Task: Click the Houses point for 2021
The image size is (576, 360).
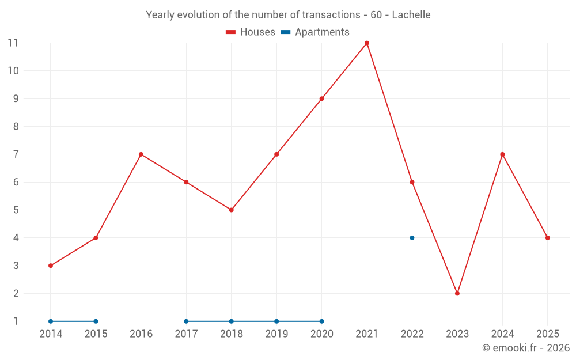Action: pos(367,43)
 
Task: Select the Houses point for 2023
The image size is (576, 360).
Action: pos(457,293)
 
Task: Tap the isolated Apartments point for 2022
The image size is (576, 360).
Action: pos(412,238)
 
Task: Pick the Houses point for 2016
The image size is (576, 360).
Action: pos(141,154)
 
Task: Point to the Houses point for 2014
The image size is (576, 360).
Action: pos(51,266)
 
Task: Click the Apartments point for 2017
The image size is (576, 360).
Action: pos(186,321)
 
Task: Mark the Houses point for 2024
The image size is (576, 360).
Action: pos(502,154)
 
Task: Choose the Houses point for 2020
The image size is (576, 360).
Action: pos(321,98)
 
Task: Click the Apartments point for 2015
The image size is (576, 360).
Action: pos(96,321)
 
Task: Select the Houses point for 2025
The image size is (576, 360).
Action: pos(547,238)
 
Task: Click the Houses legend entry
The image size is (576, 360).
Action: pos(251,32)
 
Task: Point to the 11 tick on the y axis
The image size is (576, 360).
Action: pos(13,43)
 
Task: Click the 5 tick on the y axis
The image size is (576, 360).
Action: pos(16,210)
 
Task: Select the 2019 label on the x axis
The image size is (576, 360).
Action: pos(276,334)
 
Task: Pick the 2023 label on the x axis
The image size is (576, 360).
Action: pos(457,334)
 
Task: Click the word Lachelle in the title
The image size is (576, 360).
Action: pos(411,15)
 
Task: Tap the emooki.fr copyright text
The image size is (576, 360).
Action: pos(526,348)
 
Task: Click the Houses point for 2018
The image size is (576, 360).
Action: pos(231,210)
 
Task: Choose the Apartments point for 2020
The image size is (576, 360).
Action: pos(321,321)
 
